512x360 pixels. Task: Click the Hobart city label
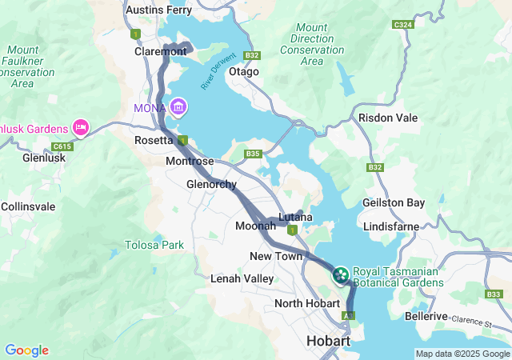pos(328,342)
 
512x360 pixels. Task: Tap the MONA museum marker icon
pos(178,107)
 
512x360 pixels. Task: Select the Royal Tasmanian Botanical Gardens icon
pos(340,276)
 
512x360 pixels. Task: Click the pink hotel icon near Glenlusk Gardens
pos(80,127)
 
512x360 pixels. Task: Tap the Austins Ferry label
pos(159,10)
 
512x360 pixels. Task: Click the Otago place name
pos(244,71)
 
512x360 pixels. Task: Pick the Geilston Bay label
pos(394,203)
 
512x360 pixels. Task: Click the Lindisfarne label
pos(390,226)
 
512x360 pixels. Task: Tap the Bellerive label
pos(426,317)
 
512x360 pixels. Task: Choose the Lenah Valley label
pos(242,278)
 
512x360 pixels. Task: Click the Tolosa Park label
pos(154,244)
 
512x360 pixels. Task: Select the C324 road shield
pos(402,25)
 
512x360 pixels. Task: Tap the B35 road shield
pos(254,154)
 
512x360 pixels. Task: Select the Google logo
pos(26,350)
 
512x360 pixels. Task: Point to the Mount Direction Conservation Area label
pos(313,44)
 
